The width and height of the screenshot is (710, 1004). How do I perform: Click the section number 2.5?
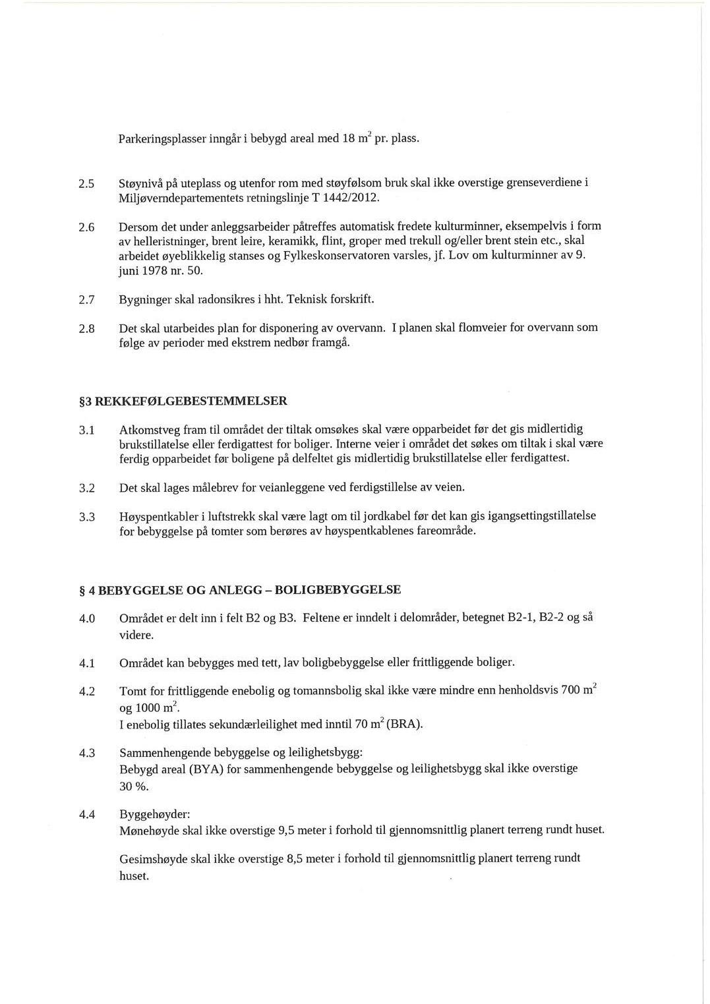[87, 183]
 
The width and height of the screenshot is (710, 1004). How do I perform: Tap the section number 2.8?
[87, 328]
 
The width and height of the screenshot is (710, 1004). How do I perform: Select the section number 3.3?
[87, 517]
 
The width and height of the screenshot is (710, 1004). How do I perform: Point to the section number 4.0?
[87, 619]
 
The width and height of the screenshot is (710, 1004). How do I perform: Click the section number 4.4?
[87, 815]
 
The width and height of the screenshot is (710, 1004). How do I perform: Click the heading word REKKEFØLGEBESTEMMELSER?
[191, 401]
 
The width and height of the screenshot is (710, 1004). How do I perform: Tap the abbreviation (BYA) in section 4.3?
[207, 769]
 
